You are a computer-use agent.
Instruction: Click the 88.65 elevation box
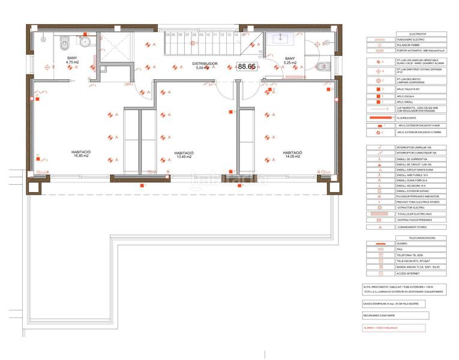pyautogui.click(x=247, y=67)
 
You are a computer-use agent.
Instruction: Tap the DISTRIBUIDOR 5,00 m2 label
pyautogui.click(x=205, y=65)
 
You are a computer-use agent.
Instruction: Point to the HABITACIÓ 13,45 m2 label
pyautogui.click(x=184, y=155)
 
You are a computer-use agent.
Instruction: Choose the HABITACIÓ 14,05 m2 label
pyautogui.click(x=292, y=155)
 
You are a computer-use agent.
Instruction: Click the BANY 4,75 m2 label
pyautogui.click(x=72, y=59)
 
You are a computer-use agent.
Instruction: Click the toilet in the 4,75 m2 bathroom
pyautogui.click(x=64, y=43)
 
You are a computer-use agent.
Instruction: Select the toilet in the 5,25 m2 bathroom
pyautogui.click(x=321, y=67)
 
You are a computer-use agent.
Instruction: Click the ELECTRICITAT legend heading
pyautogui.click(x=404, y=34)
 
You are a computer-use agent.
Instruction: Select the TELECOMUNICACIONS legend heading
pyautogui.click(x=404, y=238)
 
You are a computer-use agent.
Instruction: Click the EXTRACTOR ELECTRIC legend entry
pyautogui.click(x=410, y=207)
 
